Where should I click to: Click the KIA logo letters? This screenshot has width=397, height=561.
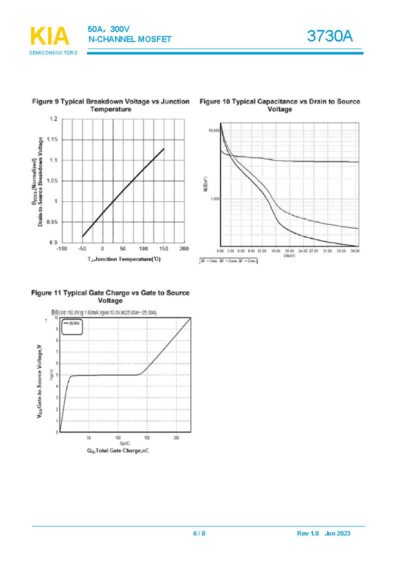(50, 37)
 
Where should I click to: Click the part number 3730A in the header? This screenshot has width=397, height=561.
(330, 37)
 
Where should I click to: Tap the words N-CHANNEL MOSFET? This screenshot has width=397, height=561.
(130, 40)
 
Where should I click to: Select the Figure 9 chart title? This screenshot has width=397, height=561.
(111, 105)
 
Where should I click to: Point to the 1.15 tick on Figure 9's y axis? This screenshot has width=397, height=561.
(53, 140)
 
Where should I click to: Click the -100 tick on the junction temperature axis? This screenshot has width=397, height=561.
(62, 249)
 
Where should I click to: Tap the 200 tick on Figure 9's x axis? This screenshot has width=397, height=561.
(184, 249)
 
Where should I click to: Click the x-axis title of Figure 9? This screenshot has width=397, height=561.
(123, 259)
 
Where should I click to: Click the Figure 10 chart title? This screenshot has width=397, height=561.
(280, 105)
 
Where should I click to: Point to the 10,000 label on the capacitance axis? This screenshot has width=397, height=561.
(214, 130)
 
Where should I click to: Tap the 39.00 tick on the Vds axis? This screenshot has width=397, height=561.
(354, 251)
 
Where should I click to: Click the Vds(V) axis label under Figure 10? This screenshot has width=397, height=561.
(289, 255)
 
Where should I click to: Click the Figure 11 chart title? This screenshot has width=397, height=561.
(111, 297)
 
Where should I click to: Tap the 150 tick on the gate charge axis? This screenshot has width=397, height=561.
(147, 438)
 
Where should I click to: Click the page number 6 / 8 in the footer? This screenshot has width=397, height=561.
(199, 533)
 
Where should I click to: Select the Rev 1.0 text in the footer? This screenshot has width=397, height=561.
(308, 533)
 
